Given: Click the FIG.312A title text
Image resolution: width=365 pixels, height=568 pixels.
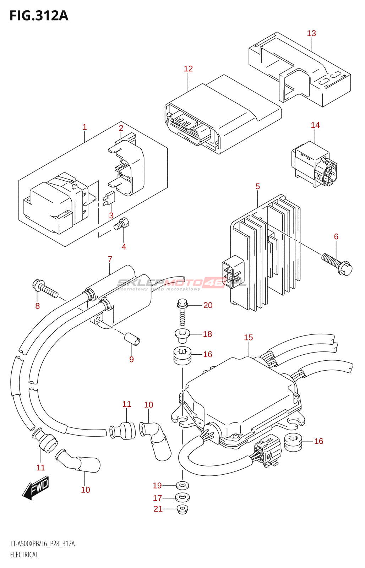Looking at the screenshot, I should click(39, 16).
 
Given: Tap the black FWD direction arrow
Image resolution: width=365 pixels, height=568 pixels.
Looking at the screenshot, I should click(36, 488).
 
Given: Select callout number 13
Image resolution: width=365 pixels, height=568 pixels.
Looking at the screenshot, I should click(311, 33).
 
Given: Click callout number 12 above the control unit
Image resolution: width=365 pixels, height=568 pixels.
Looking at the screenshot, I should click(188, 69).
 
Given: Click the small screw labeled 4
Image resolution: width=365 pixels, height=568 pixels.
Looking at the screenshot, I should click(121, 224).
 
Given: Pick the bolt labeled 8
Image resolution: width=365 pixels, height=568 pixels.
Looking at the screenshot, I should click(45, 289).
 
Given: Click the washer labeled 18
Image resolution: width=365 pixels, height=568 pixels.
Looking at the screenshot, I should click(182, 335).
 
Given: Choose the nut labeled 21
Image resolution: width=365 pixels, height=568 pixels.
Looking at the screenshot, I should click(182, 509).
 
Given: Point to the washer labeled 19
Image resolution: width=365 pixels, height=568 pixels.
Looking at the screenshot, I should click(182, 485).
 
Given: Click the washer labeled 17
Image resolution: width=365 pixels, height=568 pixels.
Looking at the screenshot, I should click(182, 497).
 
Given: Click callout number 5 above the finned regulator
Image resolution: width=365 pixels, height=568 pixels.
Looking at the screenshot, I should click(257, 186).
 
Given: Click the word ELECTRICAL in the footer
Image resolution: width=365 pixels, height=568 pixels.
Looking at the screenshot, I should click(24, 555).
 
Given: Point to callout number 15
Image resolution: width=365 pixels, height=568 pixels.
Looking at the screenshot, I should click(248, 338).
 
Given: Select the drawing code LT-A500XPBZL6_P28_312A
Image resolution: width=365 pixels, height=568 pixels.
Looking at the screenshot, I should click(42, 544).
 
